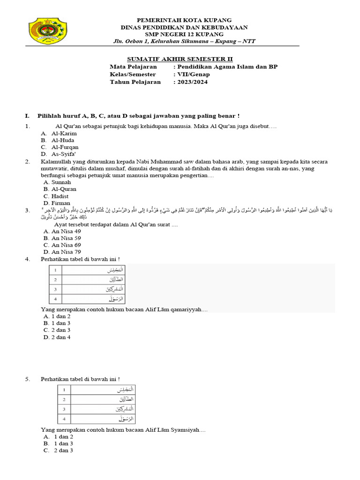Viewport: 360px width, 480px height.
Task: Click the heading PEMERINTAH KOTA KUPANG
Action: [184, 20]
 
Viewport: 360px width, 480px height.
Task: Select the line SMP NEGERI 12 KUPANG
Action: [184, 34]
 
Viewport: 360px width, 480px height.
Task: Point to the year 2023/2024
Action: [191, 82]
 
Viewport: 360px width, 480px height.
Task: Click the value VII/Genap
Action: [193, 74]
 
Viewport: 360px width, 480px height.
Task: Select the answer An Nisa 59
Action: [66, 238]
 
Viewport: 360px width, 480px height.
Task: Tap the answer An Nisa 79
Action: [66, 252]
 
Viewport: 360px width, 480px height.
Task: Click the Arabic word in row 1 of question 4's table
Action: [113, 270]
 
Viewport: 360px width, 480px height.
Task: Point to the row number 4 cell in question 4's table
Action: [55, 299]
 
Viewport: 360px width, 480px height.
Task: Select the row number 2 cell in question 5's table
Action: [64, 399]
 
